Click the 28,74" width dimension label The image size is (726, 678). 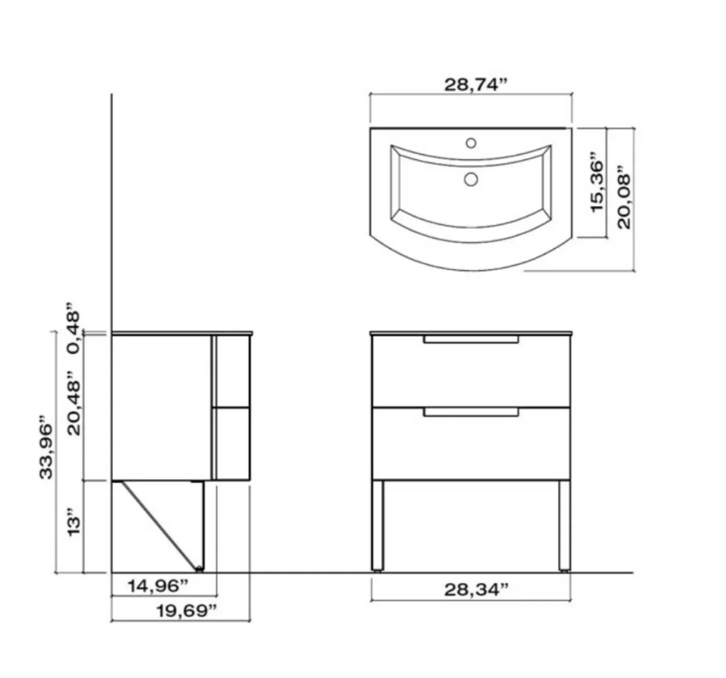pyautogui.click(x=476, y=85)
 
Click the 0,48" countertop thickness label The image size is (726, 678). pyautogui.click(x=73, y=328)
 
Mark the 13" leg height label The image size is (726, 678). pyautogui.click(x=74, y=526)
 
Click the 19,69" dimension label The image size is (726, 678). pyautogui.click(x=187, y=611)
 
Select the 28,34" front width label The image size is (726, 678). pyautogui.click(x=476, y=589)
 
